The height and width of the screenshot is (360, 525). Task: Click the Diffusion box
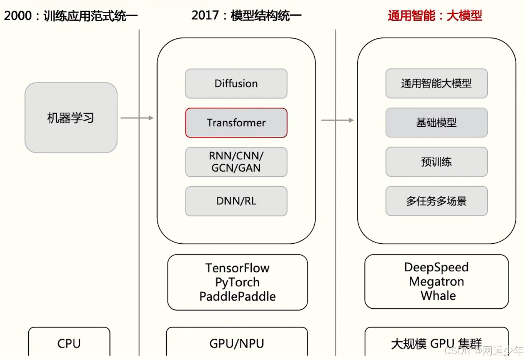pos(236,84)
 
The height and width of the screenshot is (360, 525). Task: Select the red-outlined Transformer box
pos(236,123)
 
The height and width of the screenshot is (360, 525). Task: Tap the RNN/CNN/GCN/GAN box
pos(236,162)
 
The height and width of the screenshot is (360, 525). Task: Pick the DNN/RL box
pos(236,201)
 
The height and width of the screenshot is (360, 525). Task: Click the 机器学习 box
pos(71,118)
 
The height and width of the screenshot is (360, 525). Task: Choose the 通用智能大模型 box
pos(436,84)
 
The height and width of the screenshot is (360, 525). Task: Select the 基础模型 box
pos(436,123)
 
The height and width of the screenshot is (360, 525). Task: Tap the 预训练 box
pos(436,162)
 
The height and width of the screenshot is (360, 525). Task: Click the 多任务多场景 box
pos(436,201)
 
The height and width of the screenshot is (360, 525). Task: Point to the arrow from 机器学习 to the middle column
pos(137,118)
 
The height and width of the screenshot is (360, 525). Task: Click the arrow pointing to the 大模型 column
pos(337,120)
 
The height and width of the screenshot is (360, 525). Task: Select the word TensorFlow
pos(237,268)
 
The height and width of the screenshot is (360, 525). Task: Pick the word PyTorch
pos(237,282)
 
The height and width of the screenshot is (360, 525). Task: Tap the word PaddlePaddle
pos(237,296)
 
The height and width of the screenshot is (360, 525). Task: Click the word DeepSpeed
pos(436,267)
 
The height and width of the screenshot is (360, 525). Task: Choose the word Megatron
pos(436,281)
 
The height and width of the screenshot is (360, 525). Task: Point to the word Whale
pos(438,296)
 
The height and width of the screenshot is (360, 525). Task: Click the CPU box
pos(69,343)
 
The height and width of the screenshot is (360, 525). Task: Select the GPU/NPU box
pos(237,343)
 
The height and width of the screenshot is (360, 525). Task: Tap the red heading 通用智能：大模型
pos(435,16)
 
